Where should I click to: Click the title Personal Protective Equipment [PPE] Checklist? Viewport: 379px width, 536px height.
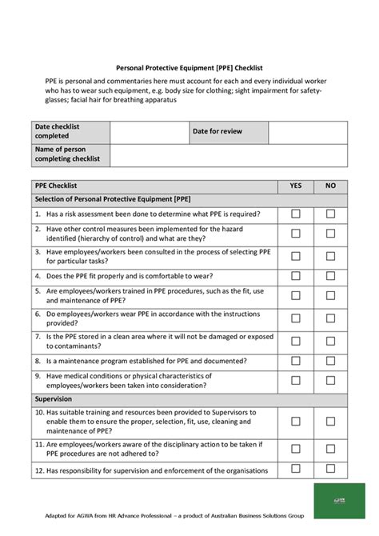point(189,69)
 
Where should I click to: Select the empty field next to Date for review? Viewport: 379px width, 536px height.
point(307,132)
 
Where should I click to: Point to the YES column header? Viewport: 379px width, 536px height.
point(295,186)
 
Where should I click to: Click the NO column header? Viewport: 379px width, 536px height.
point(330,186)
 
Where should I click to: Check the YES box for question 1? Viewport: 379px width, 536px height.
point(295,214)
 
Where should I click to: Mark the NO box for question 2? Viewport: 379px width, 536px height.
point(330,234)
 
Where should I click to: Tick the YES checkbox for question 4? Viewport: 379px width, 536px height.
point(295,276)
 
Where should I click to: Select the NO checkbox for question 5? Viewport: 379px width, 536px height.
point(330,296)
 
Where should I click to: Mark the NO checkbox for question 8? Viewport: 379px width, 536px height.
point(330,362)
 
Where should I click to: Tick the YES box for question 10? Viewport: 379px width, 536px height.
point(295,421)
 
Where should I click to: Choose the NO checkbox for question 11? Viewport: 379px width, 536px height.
point(330,448)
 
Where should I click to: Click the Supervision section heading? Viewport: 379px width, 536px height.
point(54,398)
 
